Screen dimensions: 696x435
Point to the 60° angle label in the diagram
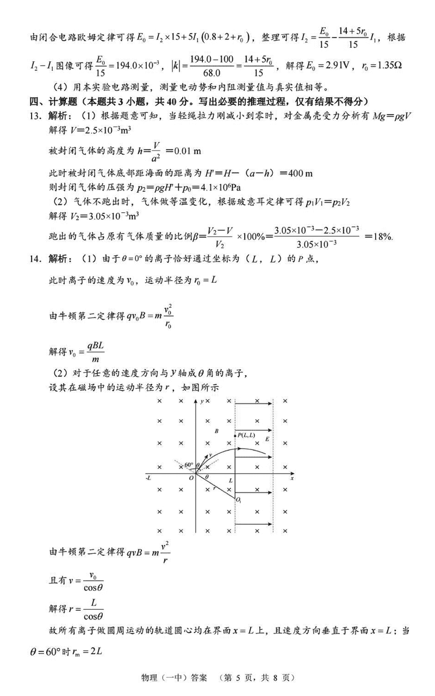point(188,465)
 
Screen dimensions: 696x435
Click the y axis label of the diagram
point(201,401)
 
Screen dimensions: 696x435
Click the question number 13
point(36,116)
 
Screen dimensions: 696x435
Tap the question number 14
point(36,259)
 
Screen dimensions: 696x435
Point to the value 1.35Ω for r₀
point(385,66)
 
